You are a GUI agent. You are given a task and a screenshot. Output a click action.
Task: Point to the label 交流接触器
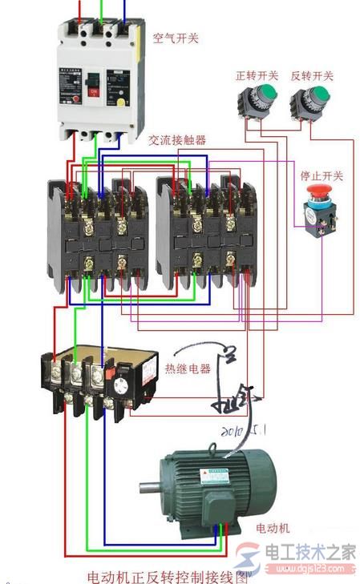177,139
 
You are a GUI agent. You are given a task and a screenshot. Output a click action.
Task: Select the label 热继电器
188,369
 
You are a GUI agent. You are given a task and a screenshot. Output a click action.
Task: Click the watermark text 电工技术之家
309,552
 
